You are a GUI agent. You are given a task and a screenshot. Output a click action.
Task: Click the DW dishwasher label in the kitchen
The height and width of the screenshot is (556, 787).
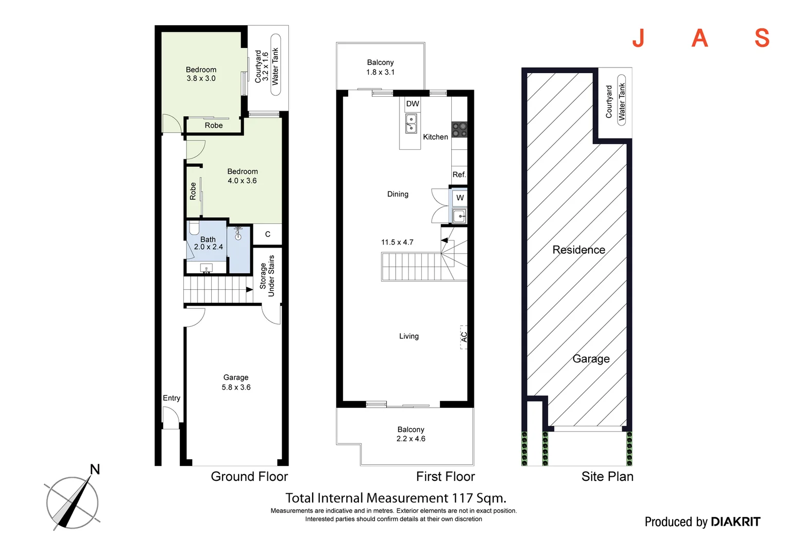(x=413, y=104)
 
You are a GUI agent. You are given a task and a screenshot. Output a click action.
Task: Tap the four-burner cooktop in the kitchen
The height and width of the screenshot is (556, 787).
(x=459, y=130)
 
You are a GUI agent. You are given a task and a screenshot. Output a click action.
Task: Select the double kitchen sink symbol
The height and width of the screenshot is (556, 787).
(x=411, y=124)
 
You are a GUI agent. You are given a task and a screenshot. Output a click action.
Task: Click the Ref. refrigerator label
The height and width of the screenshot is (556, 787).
(x=459, y=175)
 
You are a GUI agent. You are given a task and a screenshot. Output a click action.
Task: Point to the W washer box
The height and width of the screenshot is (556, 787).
(x=459, y=198)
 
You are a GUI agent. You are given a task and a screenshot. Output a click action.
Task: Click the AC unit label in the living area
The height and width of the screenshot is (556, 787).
(x=464, y=337)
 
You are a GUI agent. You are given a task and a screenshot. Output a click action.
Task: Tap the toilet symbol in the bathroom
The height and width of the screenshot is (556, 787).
(x=194, y=228)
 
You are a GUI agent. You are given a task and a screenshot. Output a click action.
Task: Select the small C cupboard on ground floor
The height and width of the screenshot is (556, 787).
(x=267, y=234)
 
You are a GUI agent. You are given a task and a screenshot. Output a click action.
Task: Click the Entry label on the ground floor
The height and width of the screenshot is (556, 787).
(x=172, y=398)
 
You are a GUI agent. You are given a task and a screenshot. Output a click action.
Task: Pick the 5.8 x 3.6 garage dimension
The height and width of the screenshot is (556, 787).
(x=236, y=387)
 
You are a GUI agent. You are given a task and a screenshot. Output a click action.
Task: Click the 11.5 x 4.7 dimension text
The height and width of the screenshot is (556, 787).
(x=397, y=242)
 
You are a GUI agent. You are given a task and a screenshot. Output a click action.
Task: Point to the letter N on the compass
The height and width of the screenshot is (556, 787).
(x=95, y=470)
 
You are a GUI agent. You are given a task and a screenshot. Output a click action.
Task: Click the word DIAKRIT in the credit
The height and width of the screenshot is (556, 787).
(x=735, y=522)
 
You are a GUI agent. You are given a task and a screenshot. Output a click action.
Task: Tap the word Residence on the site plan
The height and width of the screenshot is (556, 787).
(x=578, y=250)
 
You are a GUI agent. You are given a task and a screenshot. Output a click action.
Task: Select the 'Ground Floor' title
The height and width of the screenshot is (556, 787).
(x=249, y=477)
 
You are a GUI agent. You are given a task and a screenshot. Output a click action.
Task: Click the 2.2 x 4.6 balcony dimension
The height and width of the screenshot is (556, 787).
(x=410, y=439)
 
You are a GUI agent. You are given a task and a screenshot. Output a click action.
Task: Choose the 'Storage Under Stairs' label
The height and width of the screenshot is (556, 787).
(x=267, y=276)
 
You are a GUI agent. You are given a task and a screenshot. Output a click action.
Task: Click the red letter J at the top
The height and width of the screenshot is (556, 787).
(x=638, y=38)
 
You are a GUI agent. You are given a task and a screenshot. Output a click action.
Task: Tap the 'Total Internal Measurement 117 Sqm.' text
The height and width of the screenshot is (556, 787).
(x=396, y=498)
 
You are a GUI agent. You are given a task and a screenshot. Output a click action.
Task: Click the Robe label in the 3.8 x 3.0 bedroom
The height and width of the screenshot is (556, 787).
(x=213, y=126)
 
